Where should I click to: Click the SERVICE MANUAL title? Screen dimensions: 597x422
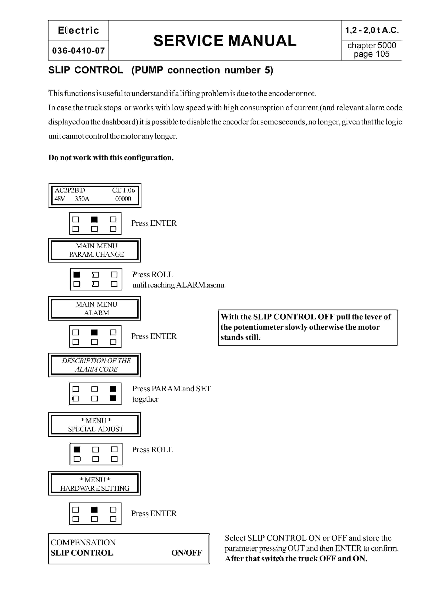225,41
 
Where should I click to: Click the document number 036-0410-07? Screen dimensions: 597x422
78,51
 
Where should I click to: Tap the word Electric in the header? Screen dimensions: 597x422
78,30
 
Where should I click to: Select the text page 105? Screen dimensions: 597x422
371,54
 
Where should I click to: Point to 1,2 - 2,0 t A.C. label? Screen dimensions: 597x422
371,30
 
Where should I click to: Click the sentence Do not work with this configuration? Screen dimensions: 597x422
111,158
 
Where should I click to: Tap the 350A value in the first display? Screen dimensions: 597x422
82,199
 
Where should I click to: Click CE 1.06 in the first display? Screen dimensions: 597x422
123,190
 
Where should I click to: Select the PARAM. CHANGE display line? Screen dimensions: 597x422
96,254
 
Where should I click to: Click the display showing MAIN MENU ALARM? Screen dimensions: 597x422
95,309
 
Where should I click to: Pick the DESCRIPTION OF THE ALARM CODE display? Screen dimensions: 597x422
95,365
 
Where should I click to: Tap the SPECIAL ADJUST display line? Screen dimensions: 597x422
96,429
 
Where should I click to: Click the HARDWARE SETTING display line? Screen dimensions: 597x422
95,488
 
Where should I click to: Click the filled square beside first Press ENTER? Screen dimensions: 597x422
94,219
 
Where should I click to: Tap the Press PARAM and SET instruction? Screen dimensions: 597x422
171,389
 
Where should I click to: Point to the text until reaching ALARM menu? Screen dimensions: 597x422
178,285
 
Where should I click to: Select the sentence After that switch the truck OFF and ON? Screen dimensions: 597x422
296,559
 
